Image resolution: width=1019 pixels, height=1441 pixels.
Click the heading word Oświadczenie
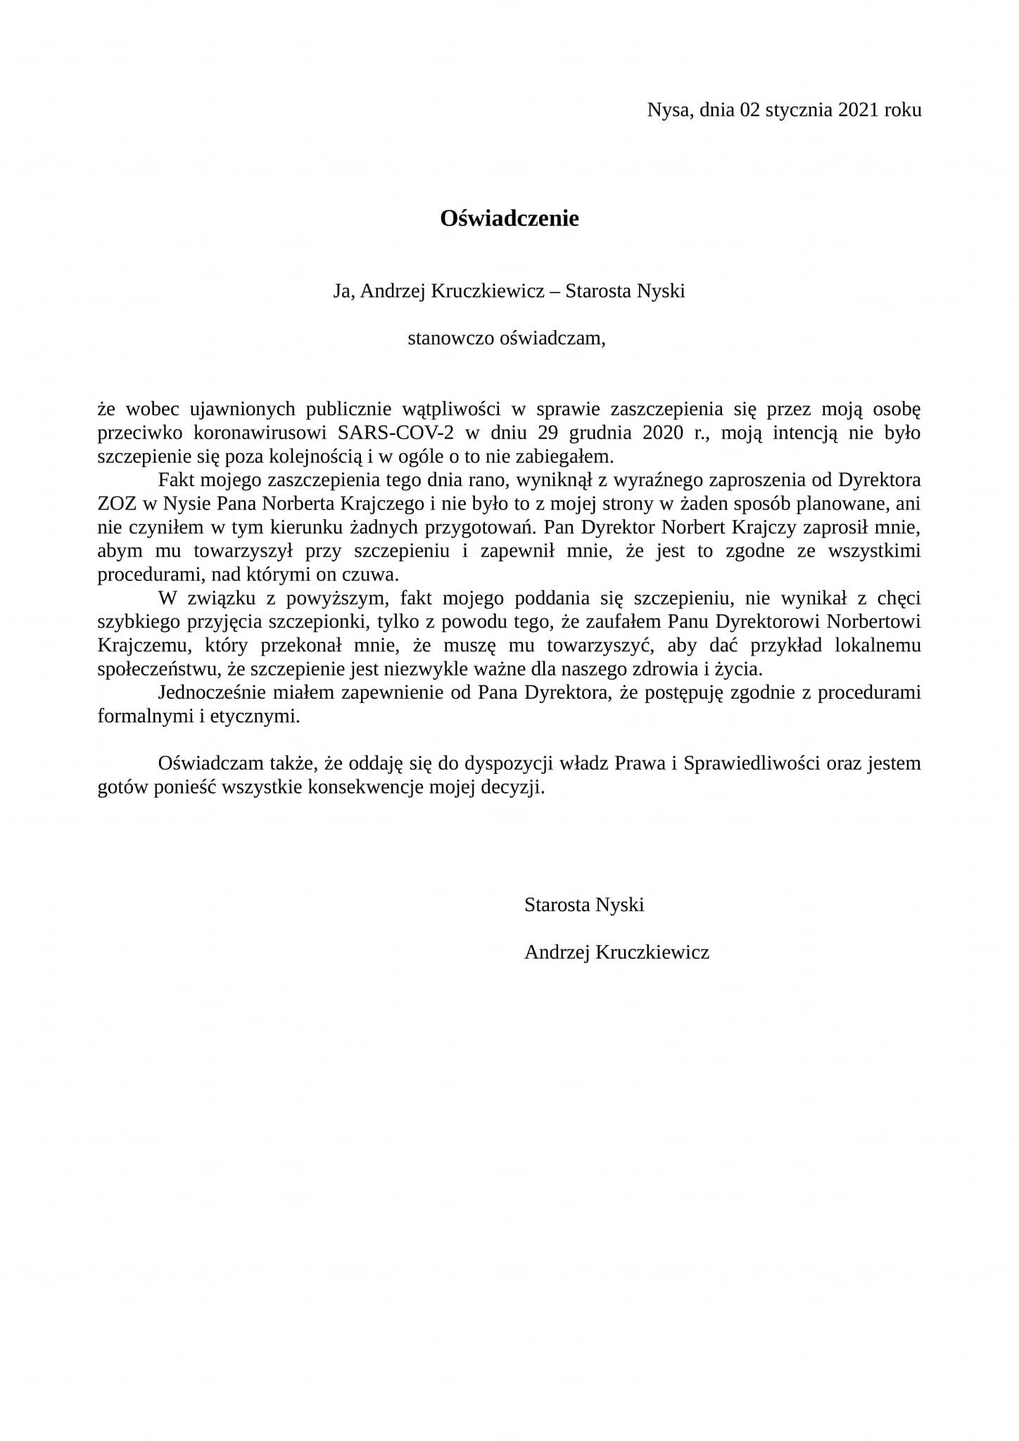click(x=509, y=219)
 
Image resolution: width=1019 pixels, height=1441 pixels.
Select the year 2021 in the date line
click(x=859, y=110)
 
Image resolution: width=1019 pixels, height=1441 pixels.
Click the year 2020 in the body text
click(x=662, y=432)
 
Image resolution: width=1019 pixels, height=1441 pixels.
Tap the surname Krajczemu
click(x=142, y=646)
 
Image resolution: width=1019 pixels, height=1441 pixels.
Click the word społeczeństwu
click(x=160, y=669)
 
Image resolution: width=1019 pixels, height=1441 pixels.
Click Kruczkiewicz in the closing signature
click(x=652, y=953)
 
